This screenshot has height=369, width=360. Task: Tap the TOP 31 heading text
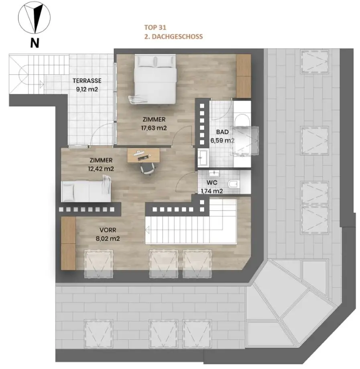point(155,28)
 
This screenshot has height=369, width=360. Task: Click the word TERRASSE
point(87,81)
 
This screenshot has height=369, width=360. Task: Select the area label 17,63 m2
point(154,128)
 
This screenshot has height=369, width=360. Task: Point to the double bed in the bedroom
point(155,79)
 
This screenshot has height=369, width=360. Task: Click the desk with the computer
point(144,155)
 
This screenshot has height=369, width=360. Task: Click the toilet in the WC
point(234,184)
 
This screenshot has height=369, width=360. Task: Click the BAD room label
point(222,132)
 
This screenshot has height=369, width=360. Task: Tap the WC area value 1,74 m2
point(212,191)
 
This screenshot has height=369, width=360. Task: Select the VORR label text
point(108,230)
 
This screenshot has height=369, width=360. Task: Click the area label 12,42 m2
point(101,169)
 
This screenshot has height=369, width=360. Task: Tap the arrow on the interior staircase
point(148,230)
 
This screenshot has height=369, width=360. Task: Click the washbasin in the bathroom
point(203,157)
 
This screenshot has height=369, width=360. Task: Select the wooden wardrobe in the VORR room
point(68,243)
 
